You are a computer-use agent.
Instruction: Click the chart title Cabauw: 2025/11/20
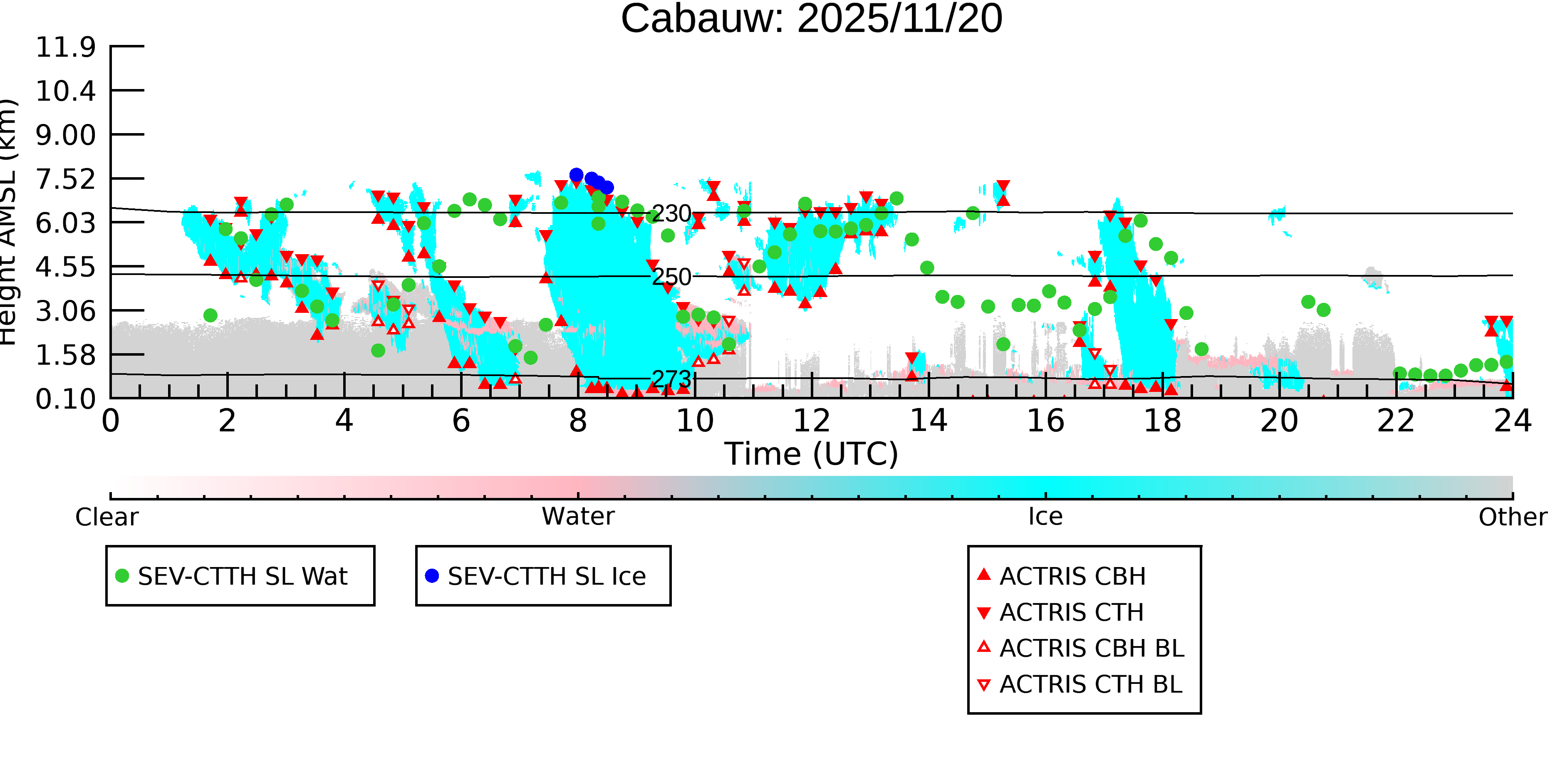click(812, 20)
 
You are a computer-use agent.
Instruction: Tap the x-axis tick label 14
click(929, 421)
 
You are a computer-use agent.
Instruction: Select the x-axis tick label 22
click(1396, 421)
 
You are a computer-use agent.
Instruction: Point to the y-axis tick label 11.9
click(65, 47)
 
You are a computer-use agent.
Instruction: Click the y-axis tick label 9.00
click(65, 135)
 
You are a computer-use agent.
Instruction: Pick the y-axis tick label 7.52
click(65, 179)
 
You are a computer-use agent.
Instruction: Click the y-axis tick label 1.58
click(65, 356)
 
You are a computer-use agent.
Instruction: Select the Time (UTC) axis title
click(812, 454)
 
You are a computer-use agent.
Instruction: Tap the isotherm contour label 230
click(671, 214)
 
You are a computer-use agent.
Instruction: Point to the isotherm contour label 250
click(671, 277)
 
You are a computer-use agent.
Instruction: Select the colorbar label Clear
click(106, 517)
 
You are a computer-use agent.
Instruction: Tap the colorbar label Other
click(1513, 517)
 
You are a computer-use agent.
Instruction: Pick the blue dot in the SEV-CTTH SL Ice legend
click(432, 576)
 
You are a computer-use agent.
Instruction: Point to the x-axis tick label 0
click(111, 421)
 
